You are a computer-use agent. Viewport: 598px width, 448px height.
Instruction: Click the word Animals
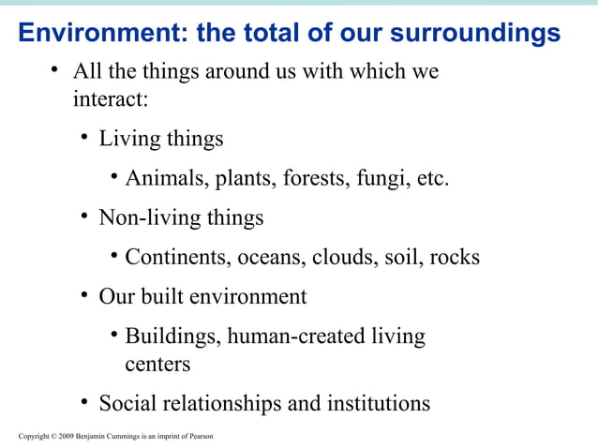[166, 178]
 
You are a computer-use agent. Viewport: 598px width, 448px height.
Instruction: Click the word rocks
[455, 257]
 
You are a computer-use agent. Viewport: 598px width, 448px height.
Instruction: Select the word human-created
[295, 336]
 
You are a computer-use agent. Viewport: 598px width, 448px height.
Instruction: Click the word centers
[157, 363]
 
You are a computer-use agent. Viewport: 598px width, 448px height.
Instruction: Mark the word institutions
[377, 404]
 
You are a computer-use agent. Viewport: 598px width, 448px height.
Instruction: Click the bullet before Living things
[84, 138]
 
